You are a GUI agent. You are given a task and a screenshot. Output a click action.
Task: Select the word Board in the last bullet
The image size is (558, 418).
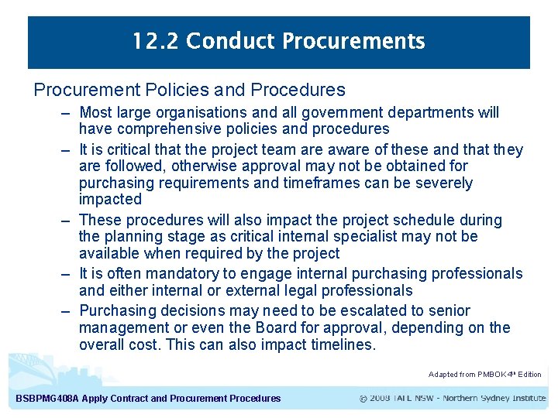(334, 327)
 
